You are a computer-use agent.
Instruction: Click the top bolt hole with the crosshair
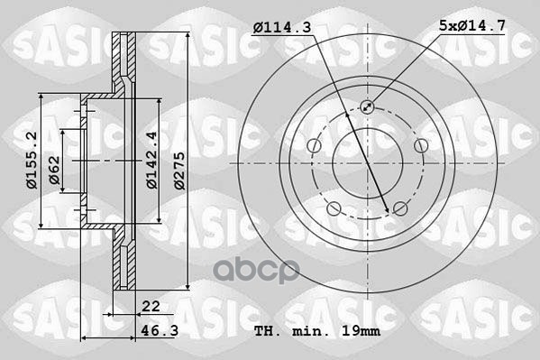coord(368,107)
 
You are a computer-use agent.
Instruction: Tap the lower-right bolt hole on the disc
coord(399,208)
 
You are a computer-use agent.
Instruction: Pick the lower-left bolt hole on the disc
coord(334,208)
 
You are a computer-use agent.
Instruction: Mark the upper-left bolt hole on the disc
coord(314,146)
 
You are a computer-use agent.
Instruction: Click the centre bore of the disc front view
coord(367,163)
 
